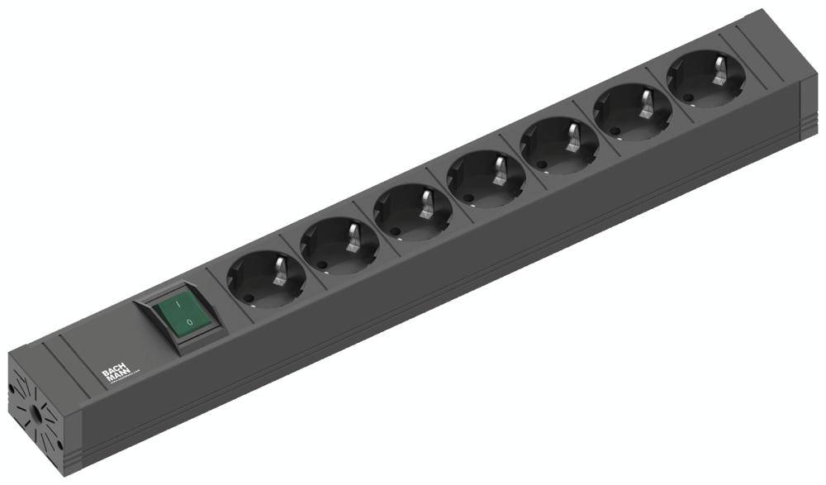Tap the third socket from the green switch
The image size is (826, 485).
pyautogui.click(x=413, y=212)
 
